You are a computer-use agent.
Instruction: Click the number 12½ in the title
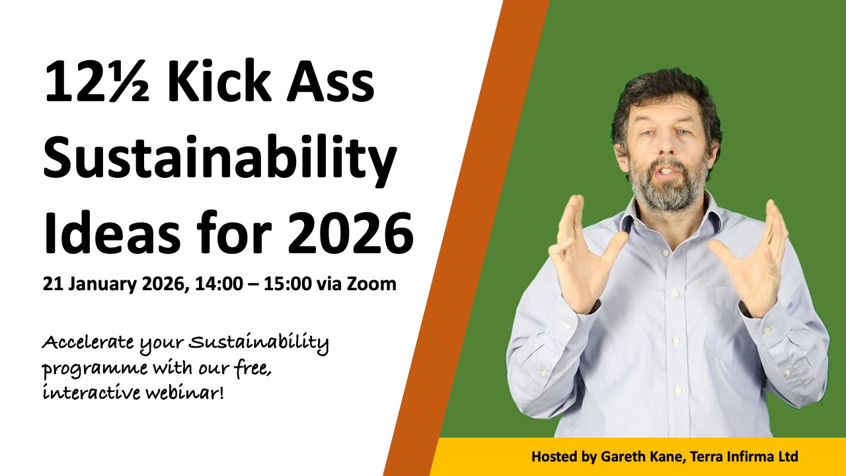97,81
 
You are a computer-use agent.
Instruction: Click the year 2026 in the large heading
351,231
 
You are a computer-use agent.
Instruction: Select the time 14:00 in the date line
219,284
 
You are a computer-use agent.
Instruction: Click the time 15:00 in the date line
288,284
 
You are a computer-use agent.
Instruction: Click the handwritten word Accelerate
88,342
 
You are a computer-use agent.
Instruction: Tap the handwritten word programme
95,369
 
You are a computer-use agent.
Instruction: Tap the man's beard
668,188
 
